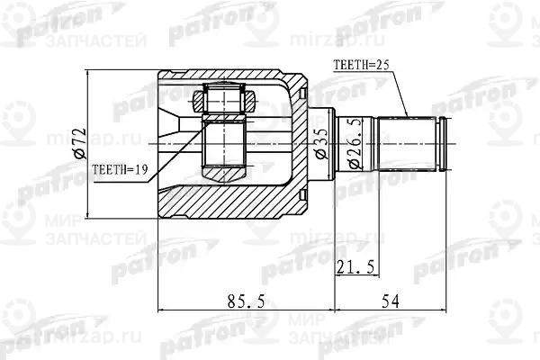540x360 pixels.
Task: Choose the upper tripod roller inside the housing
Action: click(222, 99)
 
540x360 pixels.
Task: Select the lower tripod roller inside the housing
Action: click(222, 167)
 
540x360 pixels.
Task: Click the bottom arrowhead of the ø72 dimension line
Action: click(89, 214)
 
